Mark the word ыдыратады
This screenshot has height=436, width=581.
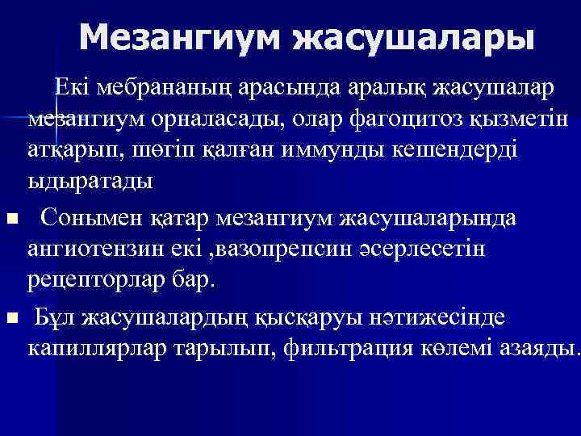[x=90, y=182]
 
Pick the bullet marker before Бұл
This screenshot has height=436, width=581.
[x=10, y=319]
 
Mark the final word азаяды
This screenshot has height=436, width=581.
[x=536, y=349]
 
